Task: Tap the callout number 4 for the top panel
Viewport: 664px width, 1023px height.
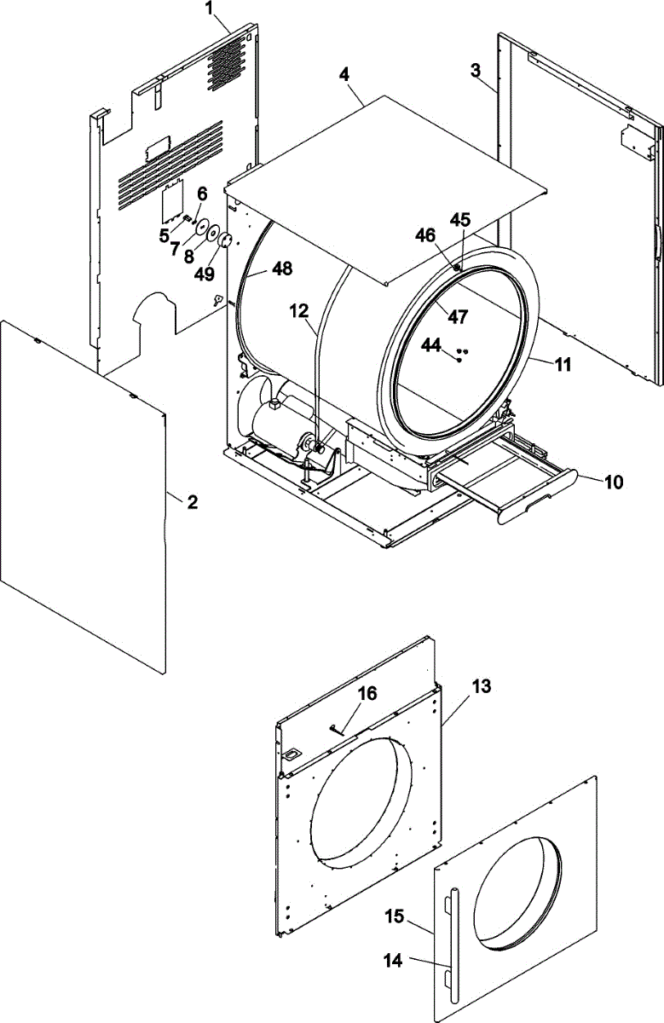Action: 344,74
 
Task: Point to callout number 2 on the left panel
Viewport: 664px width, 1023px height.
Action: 193,502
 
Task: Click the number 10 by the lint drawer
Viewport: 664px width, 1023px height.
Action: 614,482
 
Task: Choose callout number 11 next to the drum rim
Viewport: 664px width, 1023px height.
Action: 563,364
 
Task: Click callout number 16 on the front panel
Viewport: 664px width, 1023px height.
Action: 366,695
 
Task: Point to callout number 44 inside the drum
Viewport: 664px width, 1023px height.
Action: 431,345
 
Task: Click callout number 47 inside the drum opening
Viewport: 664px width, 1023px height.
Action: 458,317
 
